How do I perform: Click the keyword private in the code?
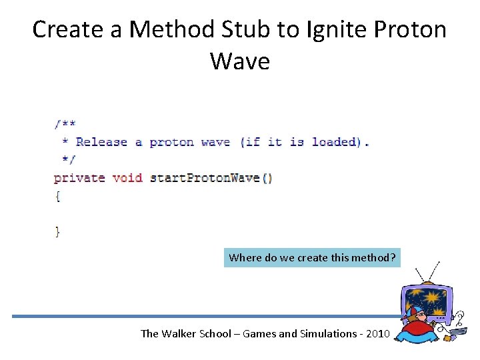point(79,178)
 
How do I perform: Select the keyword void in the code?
point(127,178)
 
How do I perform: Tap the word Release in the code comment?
point(101,142)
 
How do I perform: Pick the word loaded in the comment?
point(334,142)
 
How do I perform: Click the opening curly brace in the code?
point(58,196)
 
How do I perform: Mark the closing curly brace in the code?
point(58,231)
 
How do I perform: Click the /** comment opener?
point(65,124)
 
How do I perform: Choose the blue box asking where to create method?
point(312,257)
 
